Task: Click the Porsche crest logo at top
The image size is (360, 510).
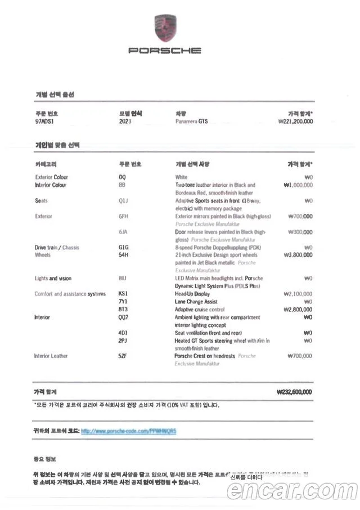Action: pyautogui.click(x=164, y=28)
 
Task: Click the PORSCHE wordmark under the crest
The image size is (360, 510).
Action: pyautogui.click(x=164, y=51)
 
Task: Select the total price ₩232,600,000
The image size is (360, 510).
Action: pyautogui.click(x=295, y=392)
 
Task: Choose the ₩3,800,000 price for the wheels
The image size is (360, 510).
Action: pyautogui.click(x=298, y=255)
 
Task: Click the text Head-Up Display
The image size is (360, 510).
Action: pyautogui.click(x=192, y=294)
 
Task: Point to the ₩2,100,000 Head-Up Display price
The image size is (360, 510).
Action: pyautogui.click(x=298, y=294)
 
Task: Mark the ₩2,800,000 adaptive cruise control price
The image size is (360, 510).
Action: pyautogui.click(x=298, y=310)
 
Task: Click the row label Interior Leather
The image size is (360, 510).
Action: pyautogui.click(x=51, y=356)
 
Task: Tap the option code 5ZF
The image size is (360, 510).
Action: pyautogui.click(x=123, y=356)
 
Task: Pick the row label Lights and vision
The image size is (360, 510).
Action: pyautogui.click(x=53, y=279)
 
